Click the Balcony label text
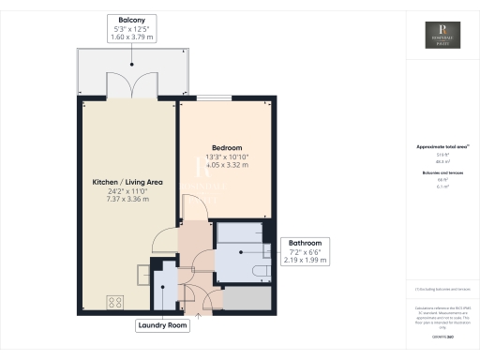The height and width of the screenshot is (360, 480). pos(131,19)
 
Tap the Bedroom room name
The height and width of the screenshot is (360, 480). pos(227,148)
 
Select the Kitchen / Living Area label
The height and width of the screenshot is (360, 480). pos(127,181)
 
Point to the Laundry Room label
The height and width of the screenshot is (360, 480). pos(163,326)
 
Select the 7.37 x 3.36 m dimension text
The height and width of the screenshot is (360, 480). pos(127,199)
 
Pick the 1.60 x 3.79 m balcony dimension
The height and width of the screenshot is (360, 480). pos(131,37)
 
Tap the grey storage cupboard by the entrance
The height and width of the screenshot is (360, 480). pos(246,298)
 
